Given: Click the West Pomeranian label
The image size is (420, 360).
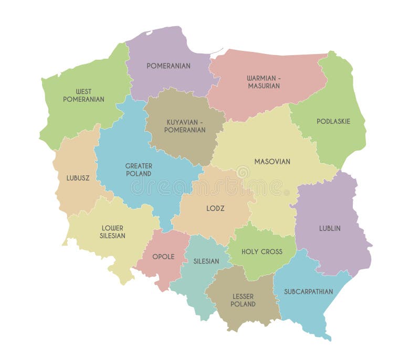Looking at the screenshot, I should click(x=83, y=95).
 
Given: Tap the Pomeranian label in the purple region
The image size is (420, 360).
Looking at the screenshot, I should click(x=169, y=66).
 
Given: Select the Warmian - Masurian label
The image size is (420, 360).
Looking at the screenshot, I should click(x=264, y=82).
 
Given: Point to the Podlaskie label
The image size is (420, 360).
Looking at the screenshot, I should click(x=333, y=121).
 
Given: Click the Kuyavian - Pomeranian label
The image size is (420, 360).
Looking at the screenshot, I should click(x=185, y=125).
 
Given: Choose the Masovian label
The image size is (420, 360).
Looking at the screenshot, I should click(x=272, y=162).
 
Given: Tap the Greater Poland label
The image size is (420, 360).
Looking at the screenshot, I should click(x=139, y=170).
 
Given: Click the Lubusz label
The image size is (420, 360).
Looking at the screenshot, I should click(x=78, y=178).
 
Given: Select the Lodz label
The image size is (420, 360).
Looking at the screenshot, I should click(x=215, y=208).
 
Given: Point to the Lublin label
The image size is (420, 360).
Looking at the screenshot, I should click(x=330, y=228).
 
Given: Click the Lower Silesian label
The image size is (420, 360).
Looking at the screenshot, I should click(x=112, y=232).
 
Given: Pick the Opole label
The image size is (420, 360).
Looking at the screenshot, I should click(x=163, y=257).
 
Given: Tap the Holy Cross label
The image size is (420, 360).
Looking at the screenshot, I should click(x=261, y=251).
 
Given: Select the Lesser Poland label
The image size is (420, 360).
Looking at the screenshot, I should click(x=243, y=300).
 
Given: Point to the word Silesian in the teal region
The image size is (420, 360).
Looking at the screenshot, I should click(x=206, y=261).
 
